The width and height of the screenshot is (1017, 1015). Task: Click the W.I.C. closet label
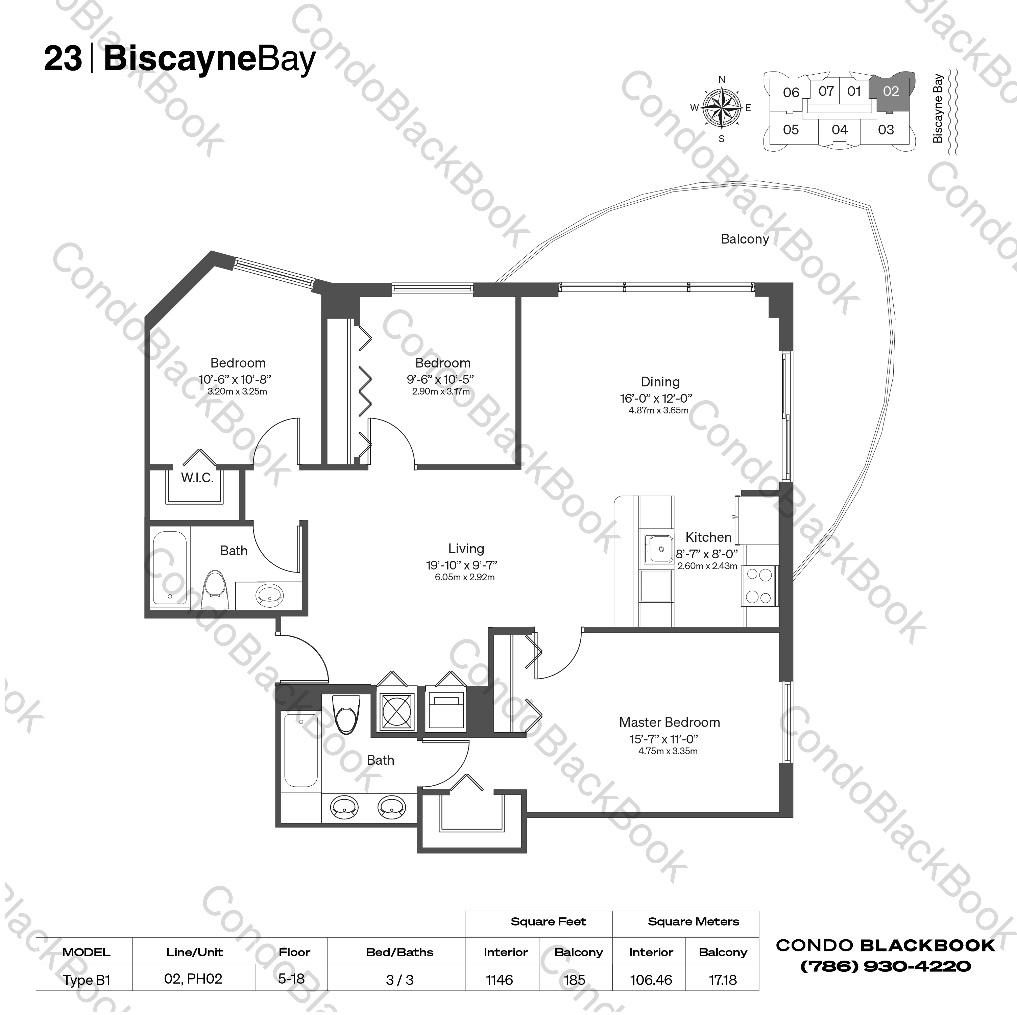click(197, 478)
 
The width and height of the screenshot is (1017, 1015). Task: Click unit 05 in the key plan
click(791, 129)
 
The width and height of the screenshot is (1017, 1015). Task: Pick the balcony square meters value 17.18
click(722, 980)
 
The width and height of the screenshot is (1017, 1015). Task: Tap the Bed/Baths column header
click(399, 953)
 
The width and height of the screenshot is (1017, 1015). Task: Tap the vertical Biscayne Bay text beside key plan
click(937, 108)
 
